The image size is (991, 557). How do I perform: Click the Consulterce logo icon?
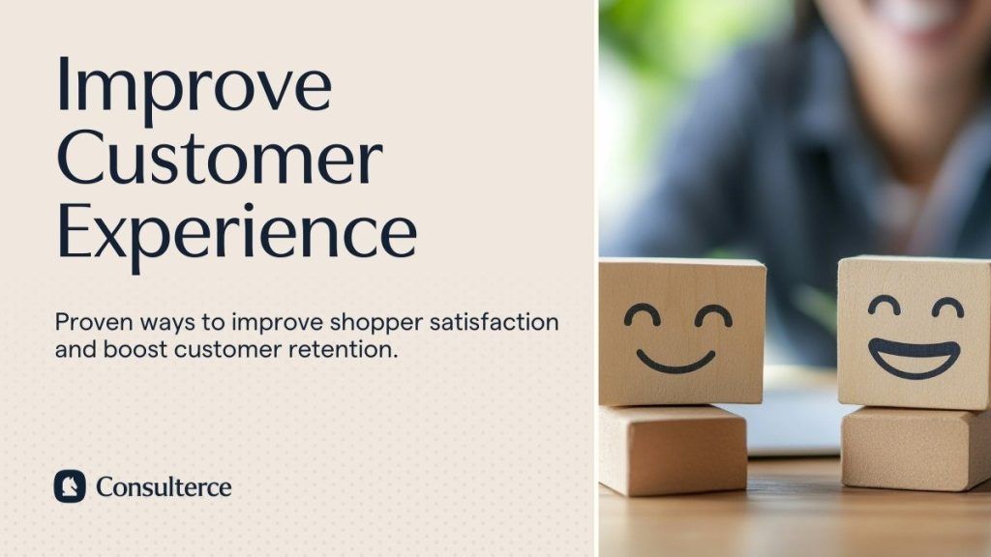(x=70, y=485)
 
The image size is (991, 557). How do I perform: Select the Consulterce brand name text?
(x=164, y=485)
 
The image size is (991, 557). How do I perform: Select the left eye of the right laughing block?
(x=884, y=307)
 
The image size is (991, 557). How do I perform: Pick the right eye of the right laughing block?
(x=946, y=308)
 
